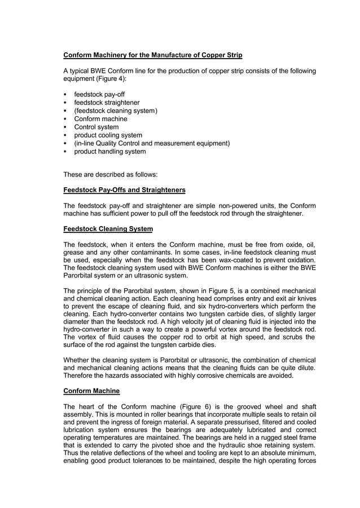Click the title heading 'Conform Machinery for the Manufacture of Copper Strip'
tap(152, 55)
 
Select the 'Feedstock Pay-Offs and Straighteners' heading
tap(124, 190)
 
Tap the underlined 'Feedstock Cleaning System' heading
tap(108, 229)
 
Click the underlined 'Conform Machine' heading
tap(91, 391)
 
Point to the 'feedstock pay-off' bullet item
tap(99, 95)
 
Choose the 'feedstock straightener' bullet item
tap(107, 103)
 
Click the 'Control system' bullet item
tap(96, 127)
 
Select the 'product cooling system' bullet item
tap(108, 135)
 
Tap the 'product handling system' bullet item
tap(110, 152)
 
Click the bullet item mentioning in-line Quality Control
tap(152, 143)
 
